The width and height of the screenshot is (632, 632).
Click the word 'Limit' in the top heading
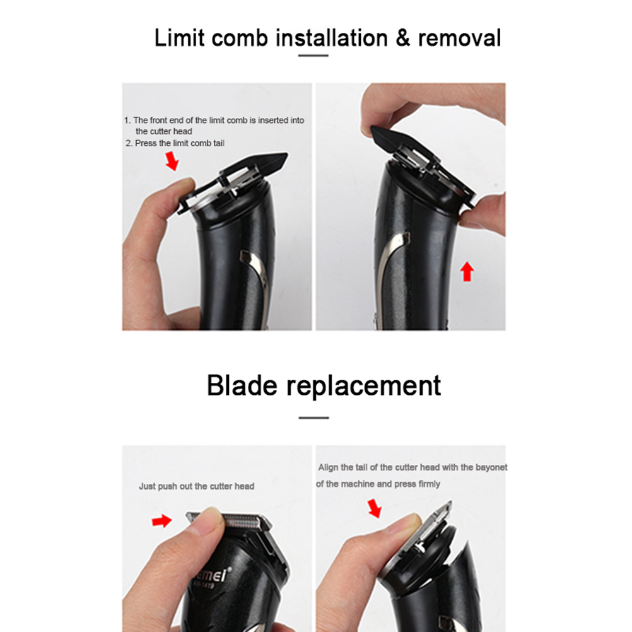180,38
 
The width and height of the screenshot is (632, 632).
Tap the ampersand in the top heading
403,38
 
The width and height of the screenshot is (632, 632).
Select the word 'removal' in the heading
459,38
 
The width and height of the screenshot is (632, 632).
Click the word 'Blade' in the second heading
242,385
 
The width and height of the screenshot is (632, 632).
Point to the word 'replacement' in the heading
363,387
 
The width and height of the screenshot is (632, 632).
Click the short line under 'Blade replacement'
313,418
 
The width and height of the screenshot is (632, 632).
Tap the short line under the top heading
313,56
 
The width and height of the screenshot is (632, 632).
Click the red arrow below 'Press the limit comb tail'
172,161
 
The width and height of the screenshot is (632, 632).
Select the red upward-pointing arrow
467,271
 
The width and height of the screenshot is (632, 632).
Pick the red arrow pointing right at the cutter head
161,521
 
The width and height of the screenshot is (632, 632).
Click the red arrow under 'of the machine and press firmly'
375,508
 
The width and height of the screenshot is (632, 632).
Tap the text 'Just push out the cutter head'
196,486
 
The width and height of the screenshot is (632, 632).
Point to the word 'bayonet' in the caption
491,467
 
